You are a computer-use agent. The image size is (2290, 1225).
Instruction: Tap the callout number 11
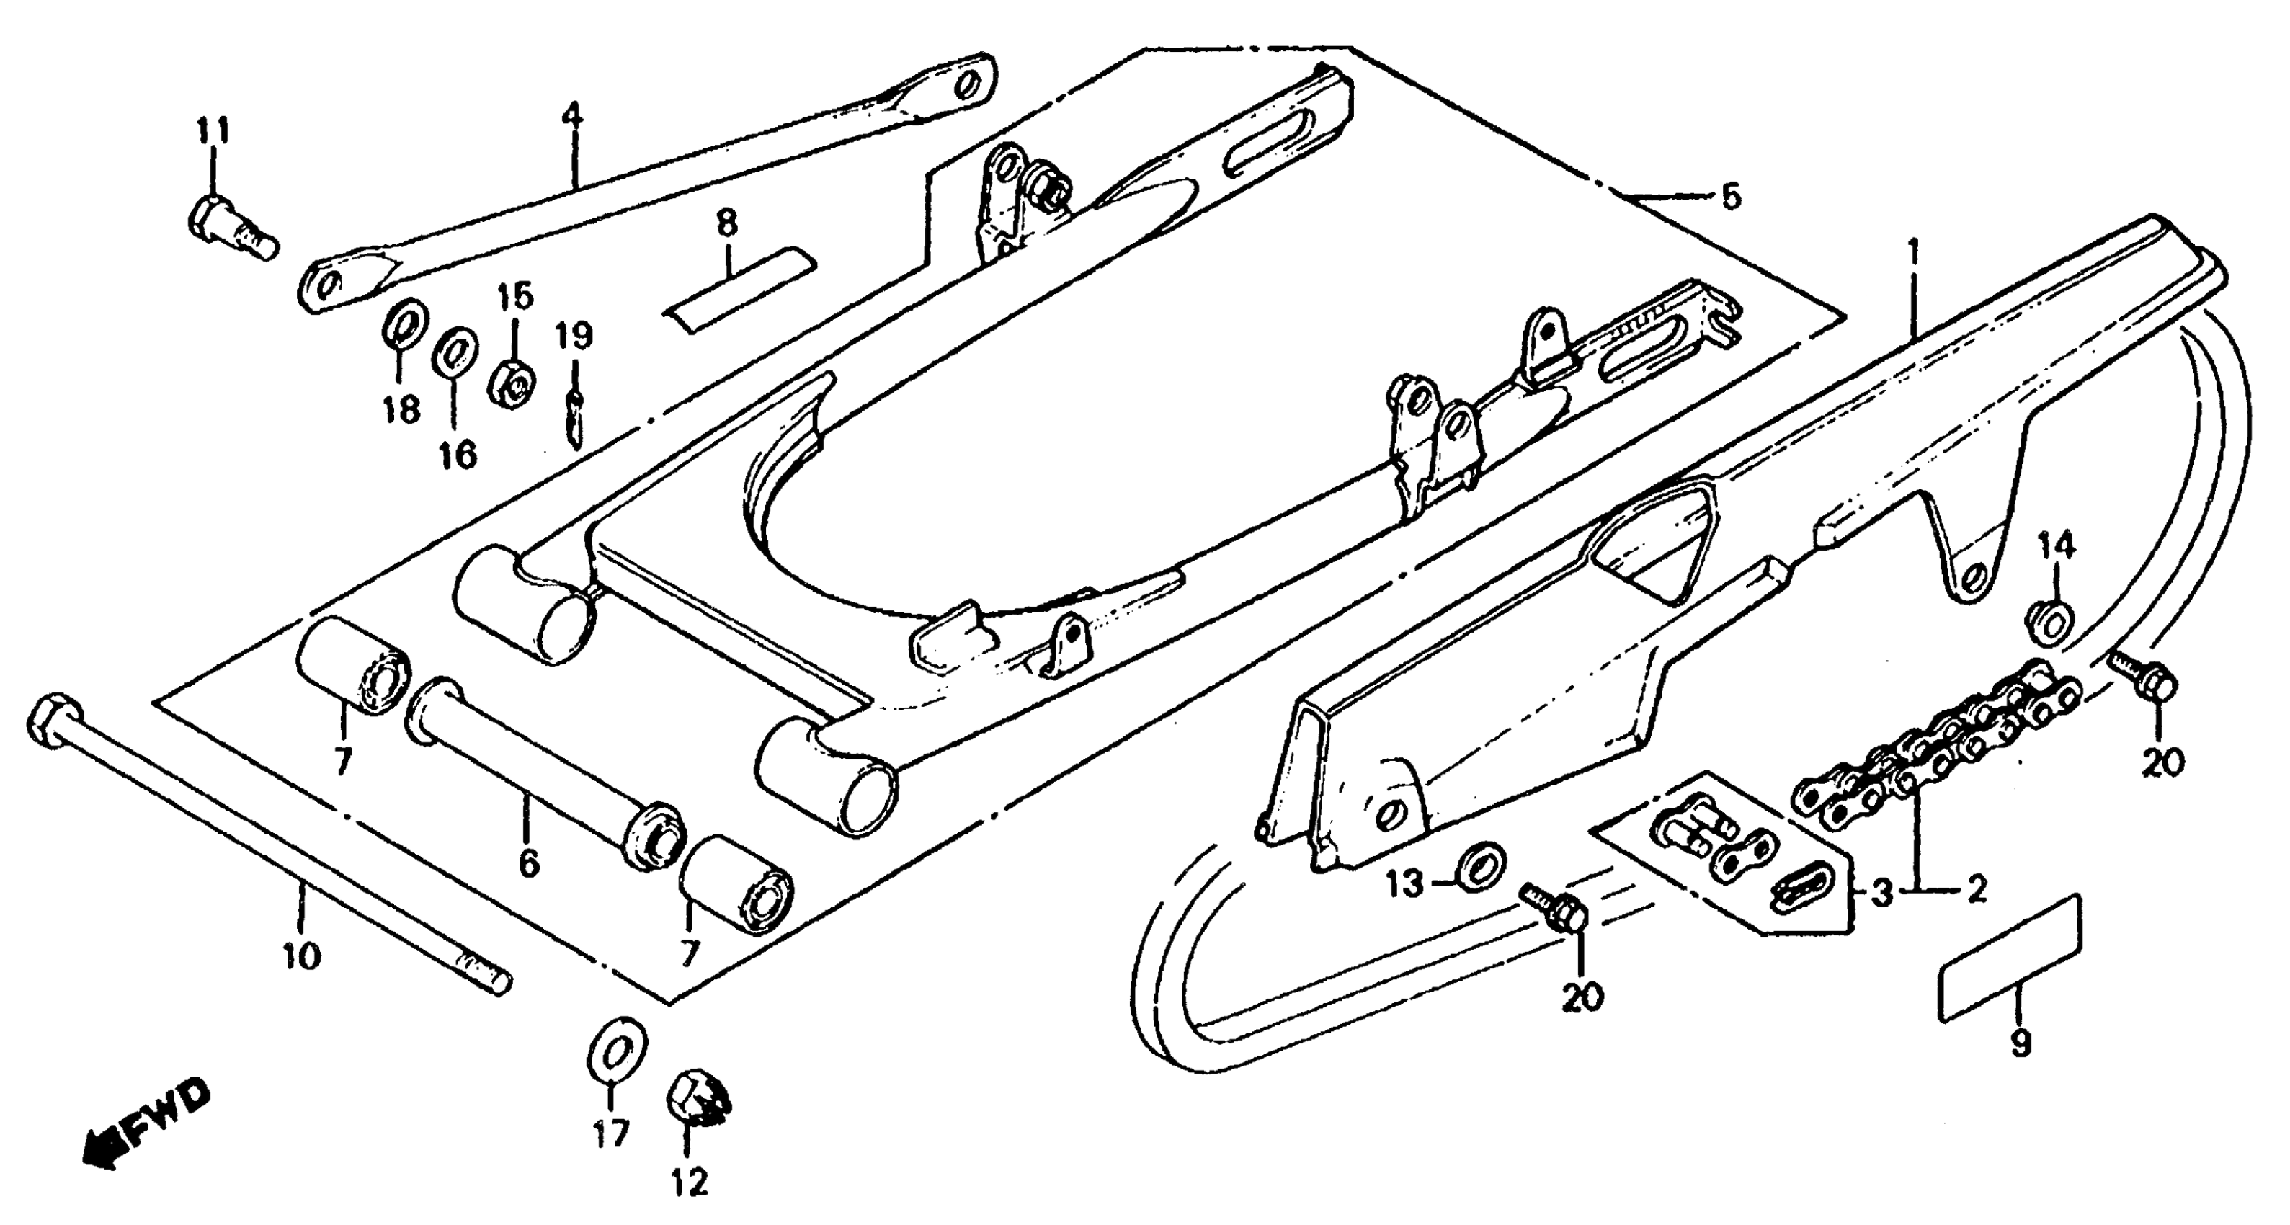coord(213,132)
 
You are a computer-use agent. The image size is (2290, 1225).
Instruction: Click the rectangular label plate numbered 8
coord(739,290)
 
